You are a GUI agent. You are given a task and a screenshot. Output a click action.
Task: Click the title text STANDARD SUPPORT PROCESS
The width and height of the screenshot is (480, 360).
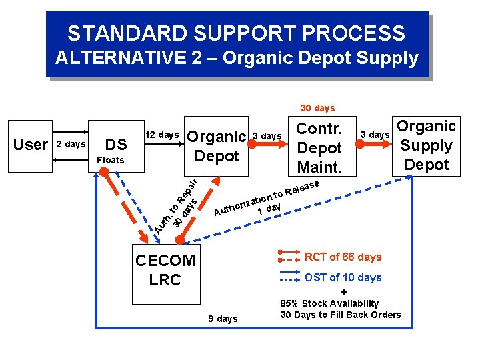(236, 33)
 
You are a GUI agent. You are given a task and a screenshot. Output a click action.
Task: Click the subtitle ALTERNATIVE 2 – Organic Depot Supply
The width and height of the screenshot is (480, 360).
(237, 58)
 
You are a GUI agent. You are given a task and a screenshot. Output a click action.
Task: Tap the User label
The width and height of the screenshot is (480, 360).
(31, 145)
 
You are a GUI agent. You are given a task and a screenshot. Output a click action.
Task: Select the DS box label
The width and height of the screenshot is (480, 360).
(117, 145)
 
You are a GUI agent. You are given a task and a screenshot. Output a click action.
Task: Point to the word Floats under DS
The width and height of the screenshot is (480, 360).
(111, 160)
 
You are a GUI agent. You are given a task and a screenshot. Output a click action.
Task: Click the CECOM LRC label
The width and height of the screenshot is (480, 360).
(165, 270)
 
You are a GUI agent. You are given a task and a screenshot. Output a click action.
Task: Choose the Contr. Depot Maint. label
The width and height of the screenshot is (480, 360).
(319, 147)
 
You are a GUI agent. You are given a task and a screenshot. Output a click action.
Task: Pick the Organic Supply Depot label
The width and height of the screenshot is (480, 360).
(427, 145)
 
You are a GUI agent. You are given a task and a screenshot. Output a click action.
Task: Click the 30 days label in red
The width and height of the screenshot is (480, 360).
(317, 108)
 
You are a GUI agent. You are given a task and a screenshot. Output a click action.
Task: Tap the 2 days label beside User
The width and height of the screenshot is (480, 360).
(71, 145)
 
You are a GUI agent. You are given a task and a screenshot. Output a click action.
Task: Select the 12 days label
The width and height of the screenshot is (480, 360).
(162, 135)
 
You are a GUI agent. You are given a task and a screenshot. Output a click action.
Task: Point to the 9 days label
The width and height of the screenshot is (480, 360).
(223, 319)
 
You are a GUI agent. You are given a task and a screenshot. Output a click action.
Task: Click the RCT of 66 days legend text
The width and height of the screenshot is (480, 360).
(343, 257)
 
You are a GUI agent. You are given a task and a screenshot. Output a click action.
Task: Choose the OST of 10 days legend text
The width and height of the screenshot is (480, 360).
(343, 277)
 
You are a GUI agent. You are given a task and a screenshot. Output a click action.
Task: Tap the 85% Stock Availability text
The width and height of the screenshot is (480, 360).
(329, 303)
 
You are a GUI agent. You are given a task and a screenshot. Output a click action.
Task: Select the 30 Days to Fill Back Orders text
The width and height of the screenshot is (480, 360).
(341, 315)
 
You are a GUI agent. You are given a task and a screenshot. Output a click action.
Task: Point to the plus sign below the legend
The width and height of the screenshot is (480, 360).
(343, 292)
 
